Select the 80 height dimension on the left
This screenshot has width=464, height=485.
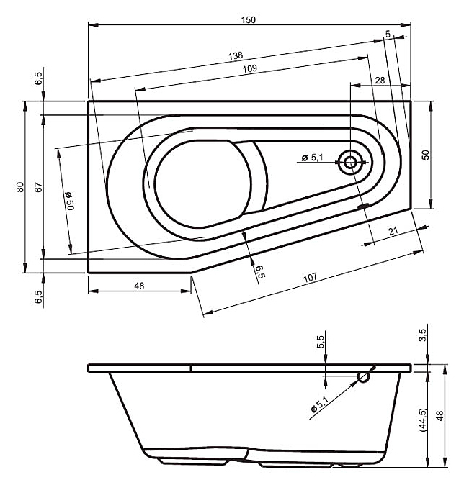(21, 186)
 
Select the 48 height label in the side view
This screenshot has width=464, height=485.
(441, 417)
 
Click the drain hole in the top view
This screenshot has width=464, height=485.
(351, 162)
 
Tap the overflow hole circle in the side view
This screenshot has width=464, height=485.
(364, 376)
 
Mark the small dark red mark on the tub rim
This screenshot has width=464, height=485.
(362, 207)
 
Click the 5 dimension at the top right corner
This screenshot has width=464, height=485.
(388, 34)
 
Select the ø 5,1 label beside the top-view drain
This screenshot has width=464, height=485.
(313, 158)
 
